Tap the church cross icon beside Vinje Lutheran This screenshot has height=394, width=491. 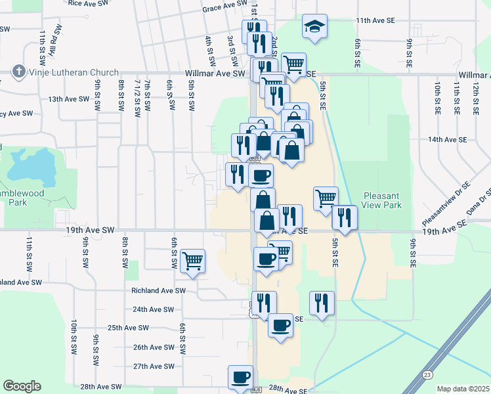(x=18, y=72)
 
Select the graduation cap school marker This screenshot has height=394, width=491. (x=314, y=27)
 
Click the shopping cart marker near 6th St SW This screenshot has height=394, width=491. (x=192, y=260)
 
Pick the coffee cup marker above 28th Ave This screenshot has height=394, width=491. (x=240, y=377)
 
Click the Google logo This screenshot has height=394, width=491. (x=22, y=386)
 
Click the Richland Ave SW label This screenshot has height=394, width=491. (x=158, y=290)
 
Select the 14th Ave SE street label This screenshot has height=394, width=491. (x=447, y=140)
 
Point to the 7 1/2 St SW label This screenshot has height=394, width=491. (x=138, y=98)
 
